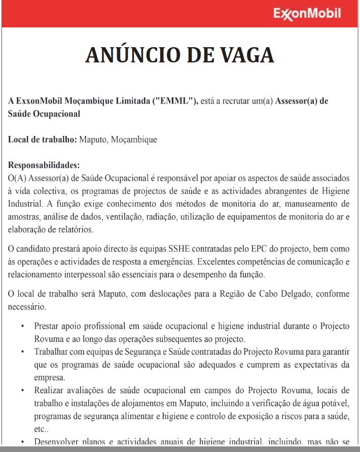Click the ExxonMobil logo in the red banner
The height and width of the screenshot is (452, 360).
point(307,14)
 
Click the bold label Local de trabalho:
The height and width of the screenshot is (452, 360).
point(43,140)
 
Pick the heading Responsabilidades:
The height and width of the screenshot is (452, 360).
point(44,165)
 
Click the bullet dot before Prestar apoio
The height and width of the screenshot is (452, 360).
point(23,326)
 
